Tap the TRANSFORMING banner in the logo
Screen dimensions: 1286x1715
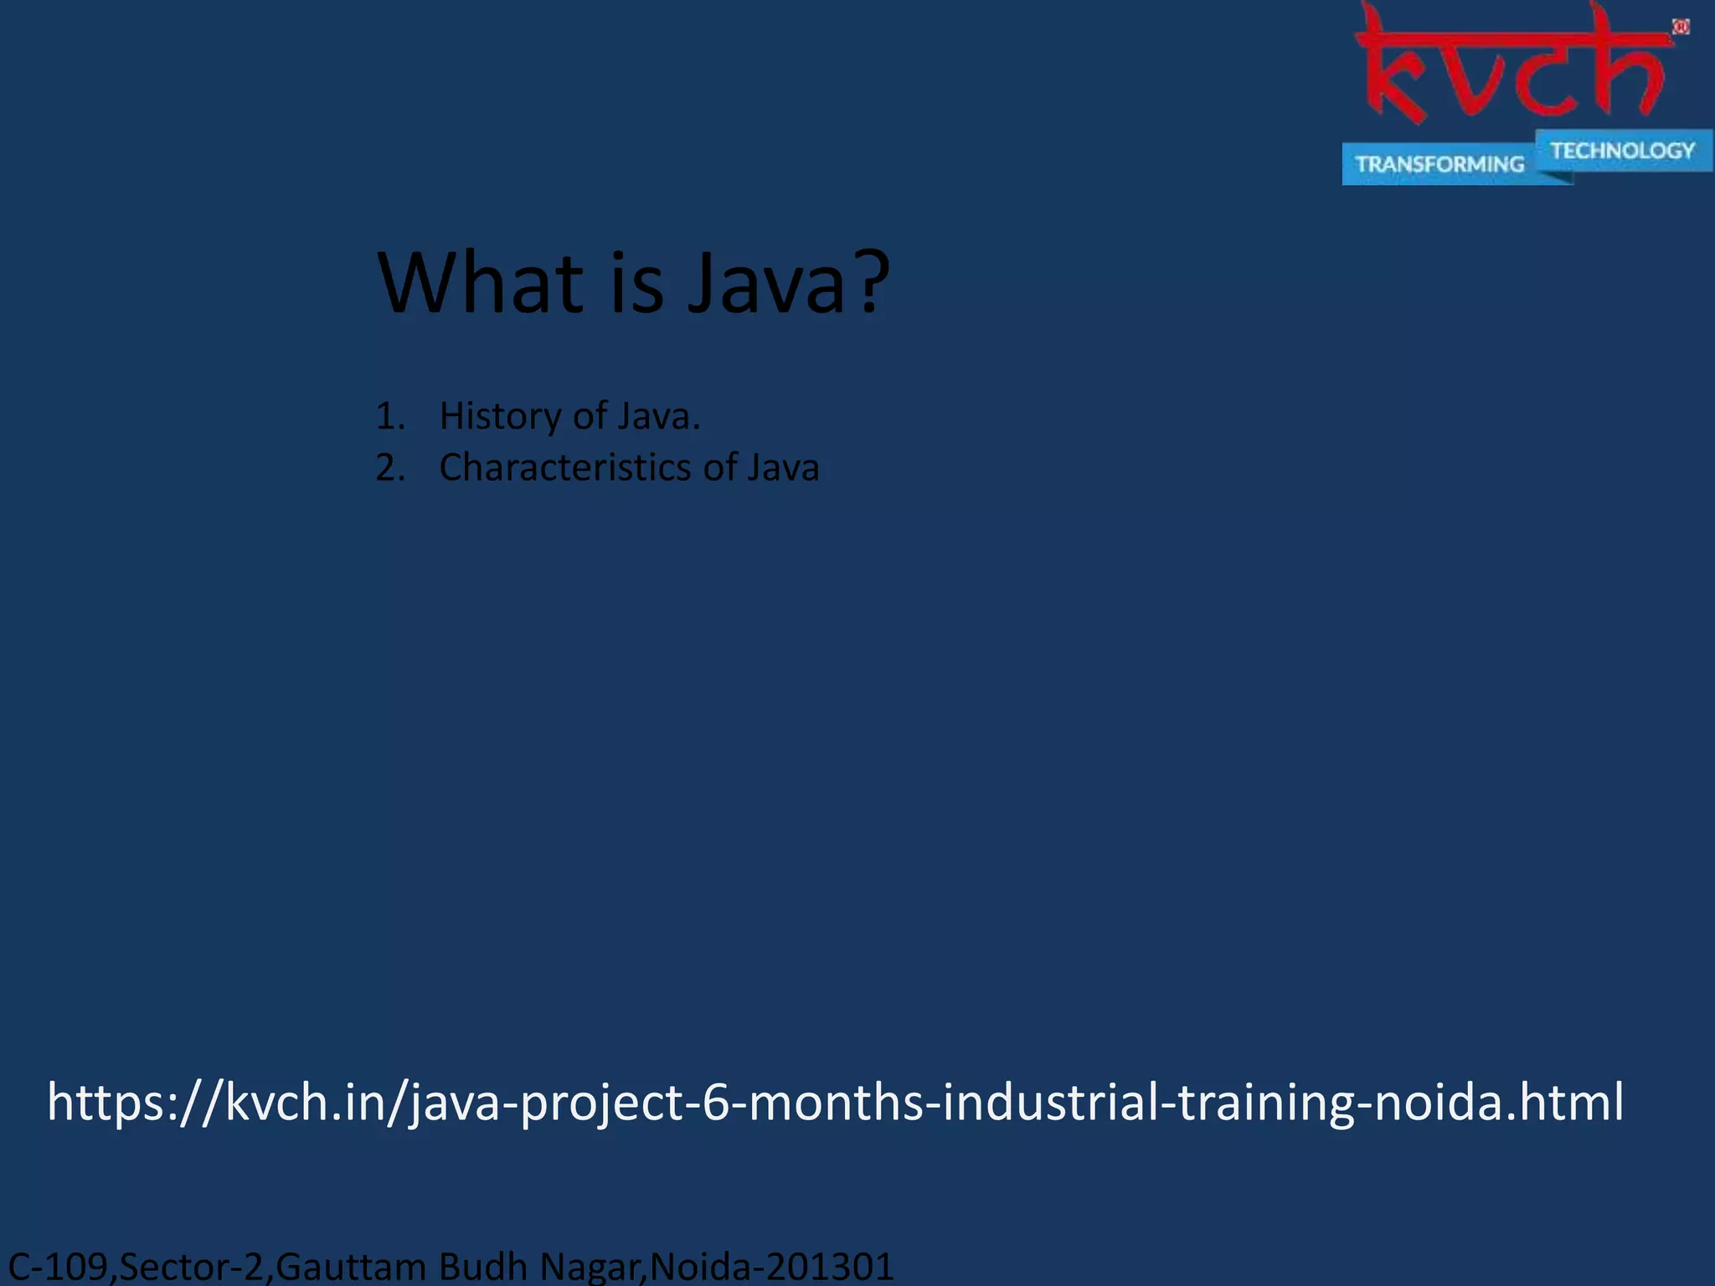pos(1439,164)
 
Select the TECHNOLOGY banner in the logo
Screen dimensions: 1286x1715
pos(1622,151)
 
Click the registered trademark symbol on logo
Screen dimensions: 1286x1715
pos(1681,28)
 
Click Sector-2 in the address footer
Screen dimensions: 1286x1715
pos(192,1266)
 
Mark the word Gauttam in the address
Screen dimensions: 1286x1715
pos(351,1266)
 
